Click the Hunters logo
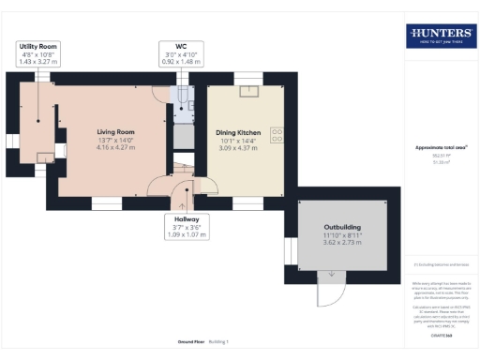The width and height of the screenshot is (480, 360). point(441,36)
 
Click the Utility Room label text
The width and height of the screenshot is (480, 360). point(37,45)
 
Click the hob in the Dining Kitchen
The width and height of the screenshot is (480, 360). point(277,135)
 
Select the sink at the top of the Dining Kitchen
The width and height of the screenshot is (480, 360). point(248,92)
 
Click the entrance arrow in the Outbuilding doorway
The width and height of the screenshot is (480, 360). point(329,274)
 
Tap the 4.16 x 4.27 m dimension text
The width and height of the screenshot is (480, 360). point(114,147)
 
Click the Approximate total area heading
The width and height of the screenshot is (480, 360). point(441,147)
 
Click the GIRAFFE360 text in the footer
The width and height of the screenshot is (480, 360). point(441,335)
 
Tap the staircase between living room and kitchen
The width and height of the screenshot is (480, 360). point(182,164)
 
